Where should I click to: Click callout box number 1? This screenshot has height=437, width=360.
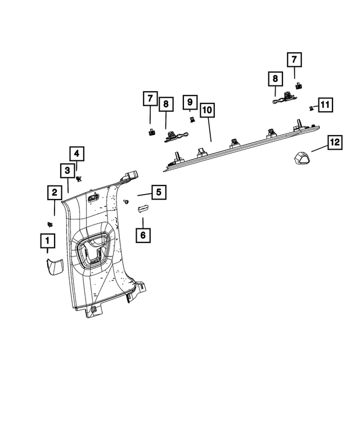47,242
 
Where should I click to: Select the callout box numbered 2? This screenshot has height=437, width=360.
55,193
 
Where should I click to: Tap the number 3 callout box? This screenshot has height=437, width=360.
67,170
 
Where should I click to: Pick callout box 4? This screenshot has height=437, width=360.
78,153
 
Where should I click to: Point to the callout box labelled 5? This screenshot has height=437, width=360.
159,192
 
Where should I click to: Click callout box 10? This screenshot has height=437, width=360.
208,110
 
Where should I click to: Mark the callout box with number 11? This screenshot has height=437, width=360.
325,105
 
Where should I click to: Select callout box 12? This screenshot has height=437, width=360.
335,143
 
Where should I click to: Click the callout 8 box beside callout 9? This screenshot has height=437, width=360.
166,104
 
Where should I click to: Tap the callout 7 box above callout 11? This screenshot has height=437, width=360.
294,59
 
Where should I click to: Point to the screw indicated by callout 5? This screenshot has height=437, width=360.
127,201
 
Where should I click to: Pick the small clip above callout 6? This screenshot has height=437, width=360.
142,208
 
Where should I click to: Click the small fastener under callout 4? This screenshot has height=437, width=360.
79,178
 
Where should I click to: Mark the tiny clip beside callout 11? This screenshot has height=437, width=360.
310,107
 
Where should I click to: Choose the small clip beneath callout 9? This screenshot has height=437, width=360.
192,120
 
